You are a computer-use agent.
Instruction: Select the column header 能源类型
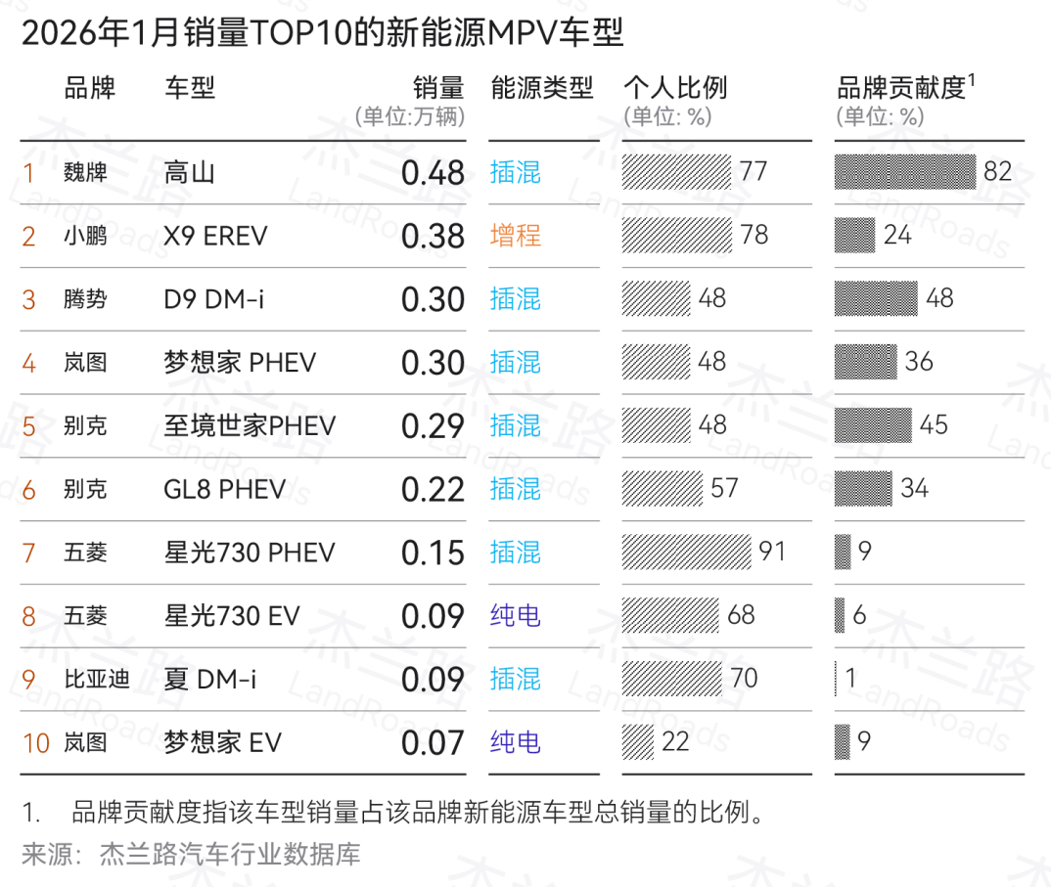click(542, 88)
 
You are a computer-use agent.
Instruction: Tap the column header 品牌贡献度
click(901, 88)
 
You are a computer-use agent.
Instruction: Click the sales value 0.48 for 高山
click(433, 173)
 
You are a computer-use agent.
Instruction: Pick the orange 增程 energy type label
click(516, 237)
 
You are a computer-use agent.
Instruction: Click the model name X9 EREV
click(215, 237)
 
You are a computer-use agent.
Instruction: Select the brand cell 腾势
click(85, 299)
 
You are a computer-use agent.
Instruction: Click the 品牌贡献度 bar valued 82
click(905, 172)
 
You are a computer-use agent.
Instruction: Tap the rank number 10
click(35, 742)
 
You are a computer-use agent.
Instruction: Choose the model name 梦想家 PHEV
click(240, 363)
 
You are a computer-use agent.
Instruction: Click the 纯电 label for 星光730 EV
click(516, 615)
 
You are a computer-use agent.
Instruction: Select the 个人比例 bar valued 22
click(638, 741)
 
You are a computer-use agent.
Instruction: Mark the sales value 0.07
click(433, 742)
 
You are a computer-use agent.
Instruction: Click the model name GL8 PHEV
click(225, 489)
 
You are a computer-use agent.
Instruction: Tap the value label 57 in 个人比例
click(724, 488)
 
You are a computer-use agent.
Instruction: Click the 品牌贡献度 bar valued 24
click(854, 236)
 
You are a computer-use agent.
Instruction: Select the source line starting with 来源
click(192, 855)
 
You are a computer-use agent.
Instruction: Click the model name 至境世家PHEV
click(250, 425)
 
